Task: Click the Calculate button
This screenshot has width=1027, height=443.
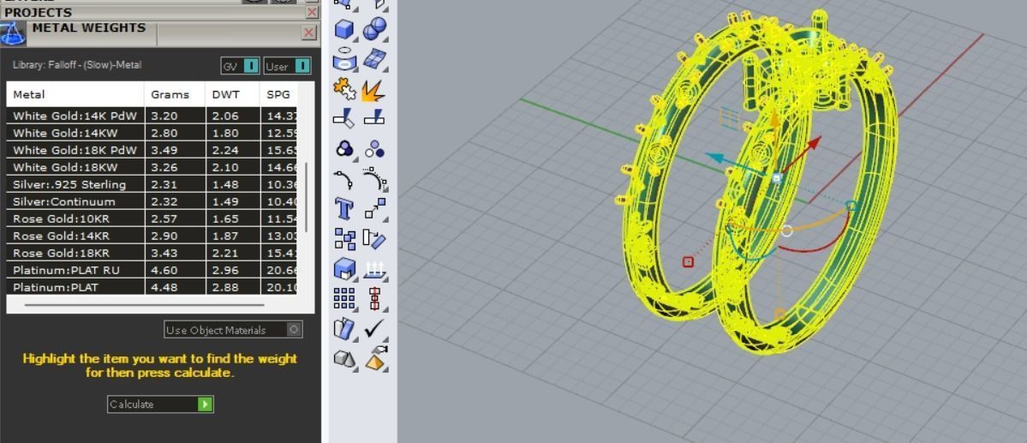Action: coord(160,404)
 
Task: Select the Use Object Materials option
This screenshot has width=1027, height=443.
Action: coord(233,330)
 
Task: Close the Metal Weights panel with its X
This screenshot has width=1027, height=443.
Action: coord(309,33)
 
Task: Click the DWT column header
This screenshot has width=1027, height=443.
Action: coord(225,94)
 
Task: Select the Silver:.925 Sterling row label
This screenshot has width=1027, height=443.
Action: coord(69,184)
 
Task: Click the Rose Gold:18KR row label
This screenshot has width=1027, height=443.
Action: coord(61,253)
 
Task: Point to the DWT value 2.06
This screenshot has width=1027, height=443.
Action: coord(224,116)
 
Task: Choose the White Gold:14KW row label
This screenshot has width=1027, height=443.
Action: coord(65,133)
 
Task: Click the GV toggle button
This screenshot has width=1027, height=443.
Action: coord(240,66)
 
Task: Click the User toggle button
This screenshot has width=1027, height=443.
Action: coord(287,66)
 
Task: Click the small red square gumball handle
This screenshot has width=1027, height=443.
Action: coord(688,261)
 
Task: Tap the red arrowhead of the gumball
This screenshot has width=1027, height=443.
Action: coord(815,142)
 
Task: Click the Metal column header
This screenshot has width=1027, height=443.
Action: coord(29,94)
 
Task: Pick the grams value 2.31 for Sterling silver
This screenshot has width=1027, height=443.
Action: coord(164,184)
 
